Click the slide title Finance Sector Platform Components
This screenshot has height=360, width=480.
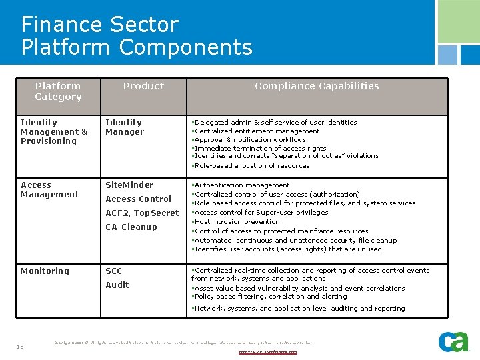[137, 36]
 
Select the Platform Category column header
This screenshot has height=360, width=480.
[58, 91]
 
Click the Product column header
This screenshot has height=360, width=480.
[143, 86]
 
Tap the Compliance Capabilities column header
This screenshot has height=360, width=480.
[317, 86]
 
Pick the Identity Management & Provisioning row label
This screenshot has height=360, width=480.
[54, 131]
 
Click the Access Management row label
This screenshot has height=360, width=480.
[49, 189]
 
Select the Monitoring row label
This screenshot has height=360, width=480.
[45, 271]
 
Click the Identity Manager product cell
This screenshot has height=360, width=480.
[125, 127]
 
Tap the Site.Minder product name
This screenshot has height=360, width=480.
[129, 185]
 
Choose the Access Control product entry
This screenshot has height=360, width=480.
[138, 199]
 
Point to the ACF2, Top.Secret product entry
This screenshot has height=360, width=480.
[142, 213]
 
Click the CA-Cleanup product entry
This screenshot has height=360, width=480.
[131, 227]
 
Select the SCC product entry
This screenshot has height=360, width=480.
[114, 271]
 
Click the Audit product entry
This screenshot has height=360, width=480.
[117, 285]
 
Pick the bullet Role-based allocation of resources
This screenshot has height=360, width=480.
[252, 165]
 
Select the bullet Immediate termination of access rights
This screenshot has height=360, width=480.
[260, 148]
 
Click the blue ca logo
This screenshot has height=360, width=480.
[453, 341]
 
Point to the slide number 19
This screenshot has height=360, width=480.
[20, 346]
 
